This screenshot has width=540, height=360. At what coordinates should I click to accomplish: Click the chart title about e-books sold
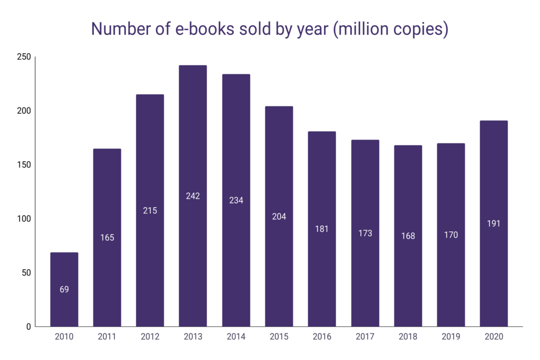click(269, 29)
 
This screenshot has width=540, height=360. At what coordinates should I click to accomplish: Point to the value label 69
click(64, 289)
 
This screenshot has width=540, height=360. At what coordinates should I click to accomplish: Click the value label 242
click(193, 196)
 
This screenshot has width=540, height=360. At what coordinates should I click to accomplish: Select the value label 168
click(408, 236)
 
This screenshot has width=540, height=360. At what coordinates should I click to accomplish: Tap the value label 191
click(494, 223)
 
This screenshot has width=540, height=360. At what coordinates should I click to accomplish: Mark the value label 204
click(279, 217)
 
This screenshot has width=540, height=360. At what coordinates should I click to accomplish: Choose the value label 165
click(107, 238)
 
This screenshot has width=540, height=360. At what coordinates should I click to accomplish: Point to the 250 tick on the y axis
click(24, 57)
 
